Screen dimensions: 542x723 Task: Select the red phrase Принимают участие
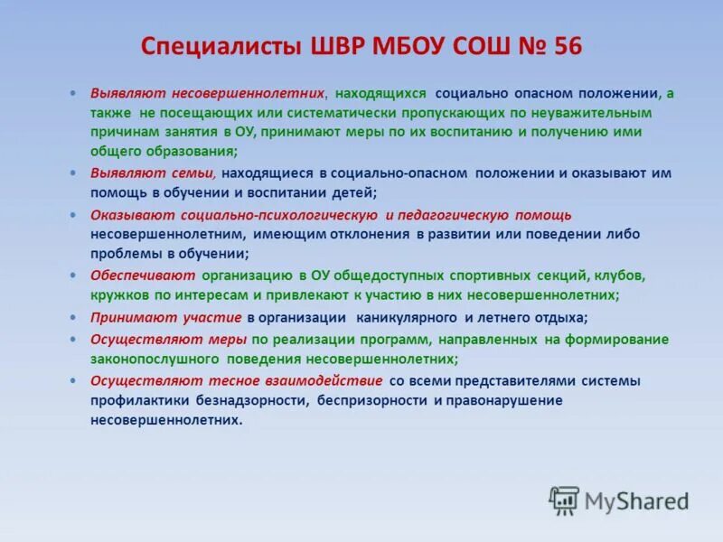[165, 318]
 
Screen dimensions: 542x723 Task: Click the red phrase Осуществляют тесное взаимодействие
[236, 381]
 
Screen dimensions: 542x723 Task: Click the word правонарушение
[504, 400]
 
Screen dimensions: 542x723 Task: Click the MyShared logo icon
[564, 500]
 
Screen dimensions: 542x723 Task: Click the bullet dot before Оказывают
[73, 215]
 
